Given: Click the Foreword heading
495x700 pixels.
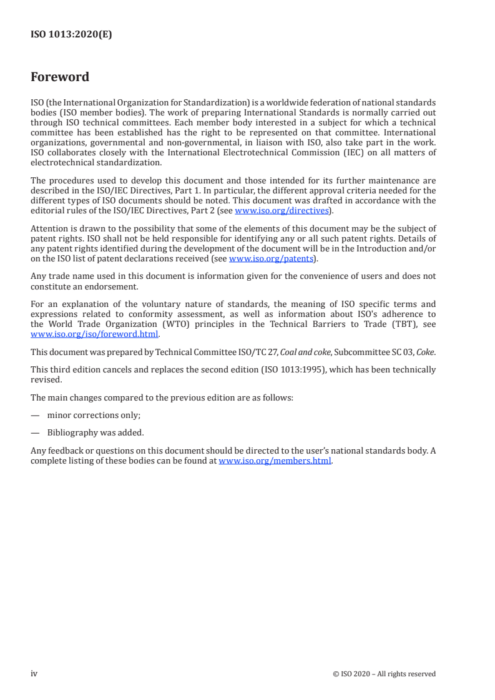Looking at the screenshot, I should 60,77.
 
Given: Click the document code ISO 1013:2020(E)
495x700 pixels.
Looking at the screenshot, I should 71,35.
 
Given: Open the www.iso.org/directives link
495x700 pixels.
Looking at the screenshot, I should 281,211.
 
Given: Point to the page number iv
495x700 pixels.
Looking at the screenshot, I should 34,673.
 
